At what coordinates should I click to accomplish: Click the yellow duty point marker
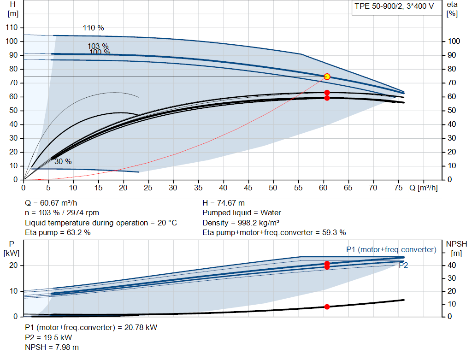tap(327, 77)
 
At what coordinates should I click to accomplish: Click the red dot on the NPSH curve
tap(327, 307)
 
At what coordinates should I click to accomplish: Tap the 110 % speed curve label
tap(93, 28)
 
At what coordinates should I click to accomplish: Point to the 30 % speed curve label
tap(63, 162)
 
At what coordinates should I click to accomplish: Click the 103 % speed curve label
tap(98, 46)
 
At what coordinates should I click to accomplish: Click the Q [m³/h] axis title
tap(424, 188)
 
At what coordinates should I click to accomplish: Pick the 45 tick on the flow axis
tap(248, 188)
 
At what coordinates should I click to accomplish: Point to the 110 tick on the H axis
tap(12, 27)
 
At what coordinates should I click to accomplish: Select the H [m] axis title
tap(13, 9)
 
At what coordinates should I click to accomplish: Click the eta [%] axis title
tap(452, 9)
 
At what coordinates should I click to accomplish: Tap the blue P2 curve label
tap(403, 265)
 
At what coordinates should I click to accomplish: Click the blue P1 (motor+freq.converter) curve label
tap(391, 249)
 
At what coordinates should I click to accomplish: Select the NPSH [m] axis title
tap(457, 248)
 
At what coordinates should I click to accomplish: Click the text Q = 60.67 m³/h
tap(51, 203)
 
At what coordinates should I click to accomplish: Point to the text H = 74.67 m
tap(224, 203)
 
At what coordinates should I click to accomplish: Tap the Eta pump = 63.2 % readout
tap(58, 233)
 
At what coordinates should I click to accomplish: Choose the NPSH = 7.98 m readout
tap(52, 348)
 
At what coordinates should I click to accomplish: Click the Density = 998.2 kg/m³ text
tap(241, 223)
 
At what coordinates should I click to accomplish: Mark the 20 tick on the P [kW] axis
tap(13, 266)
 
